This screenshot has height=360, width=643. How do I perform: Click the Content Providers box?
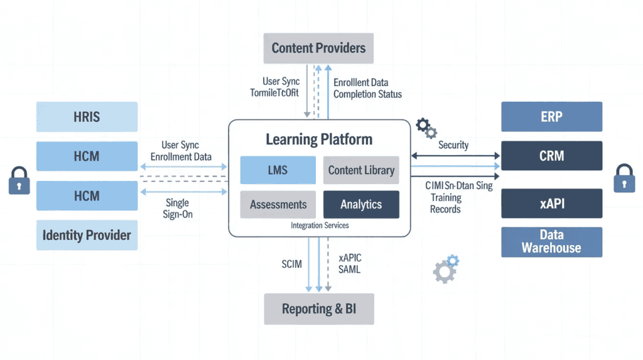coord(318,48)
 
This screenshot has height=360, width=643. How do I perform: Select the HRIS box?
coord(87,117)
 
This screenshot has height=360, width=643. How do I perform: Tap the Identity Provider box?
coord(87,236)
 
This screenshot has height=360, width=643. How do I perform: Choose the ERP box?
coord(551,117)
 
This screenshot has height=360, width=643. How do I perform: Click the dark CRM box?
coord(551,156)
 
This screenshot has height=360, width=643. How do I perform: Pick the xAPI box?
coord(551,204)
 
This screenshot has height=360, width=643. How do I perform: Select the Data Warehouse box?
coord(551,242)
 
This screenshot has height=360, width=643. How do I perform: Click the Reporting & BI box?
coord(318,308)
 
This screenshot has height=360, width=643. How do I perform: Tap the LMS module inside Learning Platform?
coord(278,170)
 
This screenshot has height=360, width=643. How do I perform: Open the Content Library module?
coord(361,170)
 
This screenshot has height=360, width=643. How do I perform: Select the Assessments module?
coord(278,204)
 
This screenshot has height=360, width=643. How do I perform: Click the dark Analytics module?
coord(361,204)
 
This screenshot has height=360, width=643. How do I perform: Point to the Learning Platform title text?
coord(319,139)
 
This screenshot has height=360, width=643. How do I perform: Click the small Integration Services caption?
coord(320,225)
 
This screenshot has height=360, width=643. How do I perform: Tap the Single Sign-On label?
coord(179,209)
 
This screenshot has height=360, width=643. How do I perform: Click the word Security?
coord(453,145)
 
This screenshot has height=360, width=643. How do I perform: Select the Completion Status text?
coord(367,94)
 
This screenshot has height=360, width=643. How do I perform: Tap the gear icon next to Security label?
coord(427,128)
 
